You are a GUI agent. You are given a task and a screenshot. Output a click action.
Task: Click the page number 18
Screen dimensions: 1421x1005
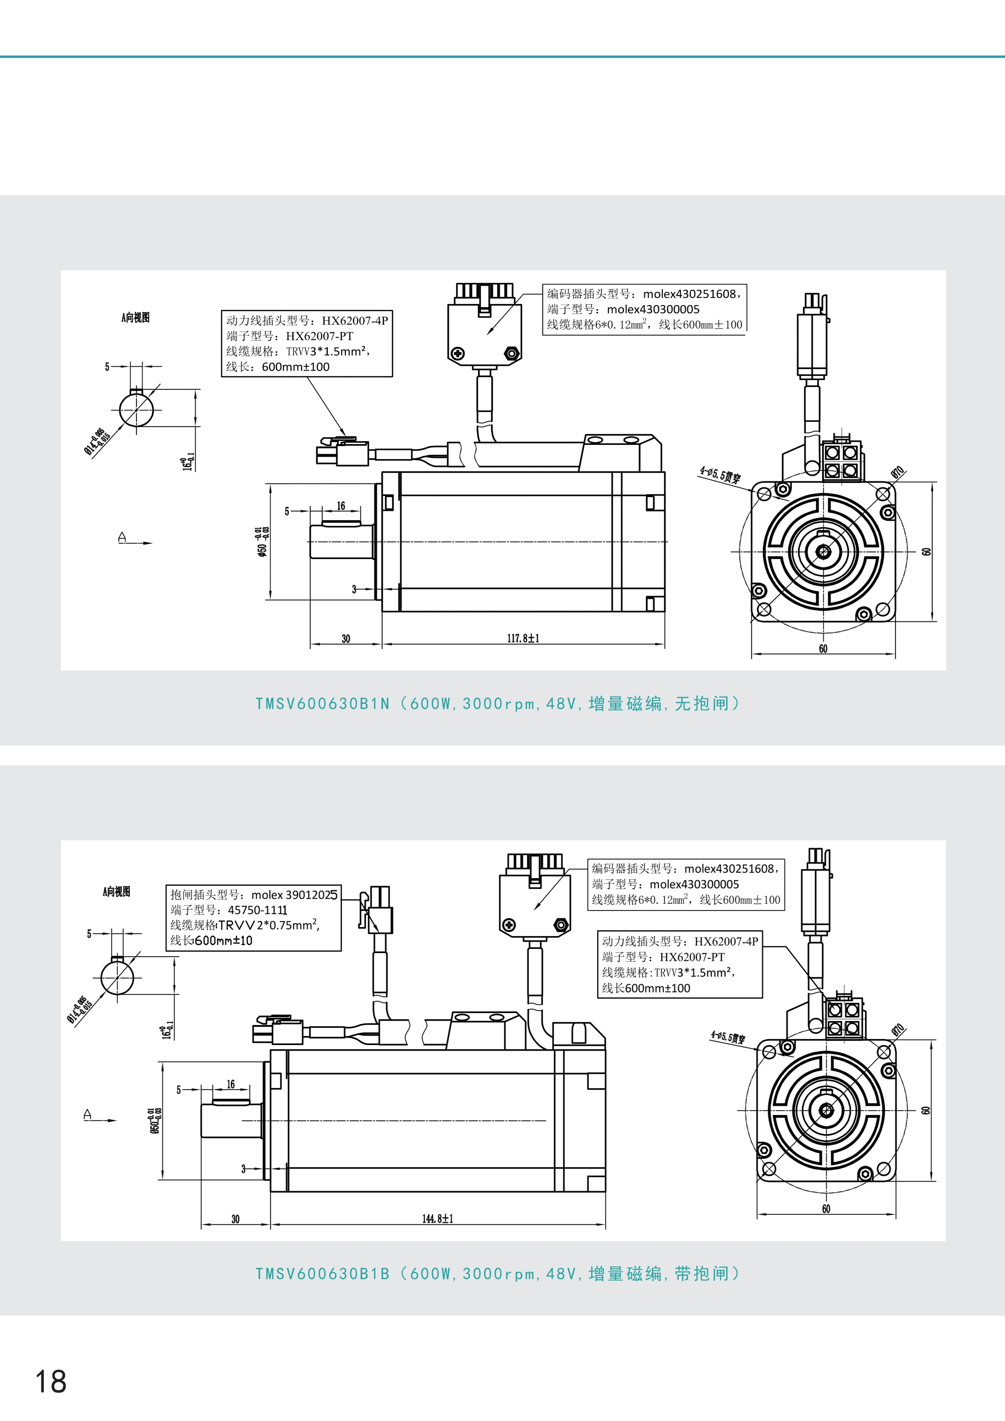pyautogui.click(x=51, y=1381)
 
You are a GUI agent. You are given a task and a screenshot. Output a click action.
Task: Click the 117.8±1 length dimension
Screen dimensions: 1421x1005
pyautogui.click(x=523, y=638)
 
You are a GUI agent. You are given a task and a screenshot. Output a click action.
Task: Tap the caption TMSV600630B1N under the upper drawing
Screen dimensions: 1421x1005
pyautogui.click(x=323, y=704)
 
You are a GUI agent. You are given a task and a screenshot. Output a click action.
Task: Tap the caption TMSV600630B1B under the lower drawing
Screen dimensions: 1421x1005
pyautogui.click(x=323, y=1274)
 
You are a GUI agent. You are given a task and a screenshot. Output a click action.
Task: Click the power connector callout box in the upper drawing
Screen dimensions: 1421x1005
pyautogui.click(x=307, y=344)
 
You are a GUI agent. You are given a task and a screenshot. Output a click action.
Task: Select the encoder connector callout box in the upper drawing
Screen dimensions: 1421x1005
pyautogui.click(x=644, y=309)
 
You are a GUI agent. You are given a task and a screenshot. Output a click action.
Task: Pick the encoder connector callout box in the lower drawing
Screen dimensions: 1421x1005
pyautogui.click(x=686, y=884)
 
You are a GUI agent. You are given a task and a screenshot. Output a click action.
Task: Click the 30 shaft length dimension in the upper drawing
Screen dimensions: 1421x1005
pyautogui.click(x=345, y=639)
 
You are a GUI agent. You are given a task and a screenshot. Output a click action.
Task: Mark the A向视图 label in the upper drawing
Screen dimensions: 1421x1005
pyautogui.click(x=135, y=318)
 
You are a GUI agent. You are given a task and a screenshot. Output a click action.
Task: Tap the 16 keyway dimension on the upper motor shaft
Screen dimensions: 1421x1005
pyautogui.click(x=341, y=506)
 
